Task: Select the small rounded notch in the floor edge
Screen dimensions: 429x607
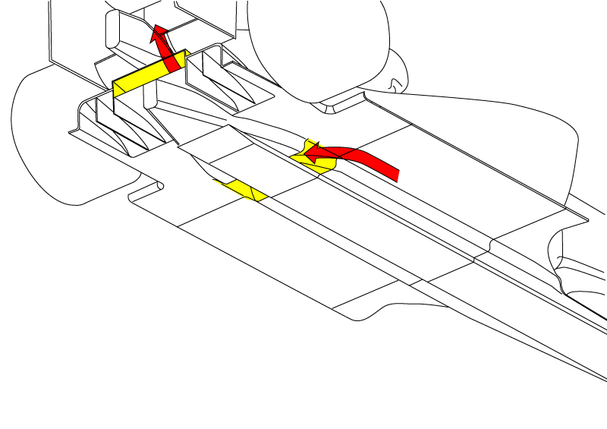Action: coord(156,186)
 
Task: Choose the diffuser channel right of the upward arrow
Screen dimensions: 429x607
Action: coord(228,84)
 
